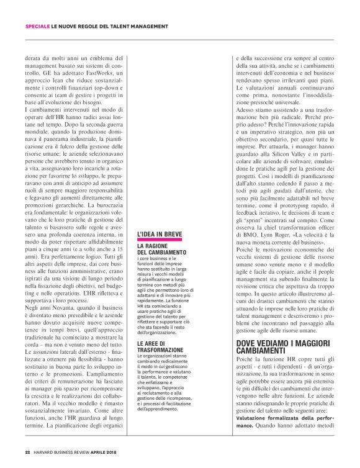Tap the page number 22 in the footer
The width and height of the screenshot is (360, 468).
[27, 452]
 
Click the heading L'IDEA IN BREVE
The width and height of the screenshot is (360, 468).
[160, 235]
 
